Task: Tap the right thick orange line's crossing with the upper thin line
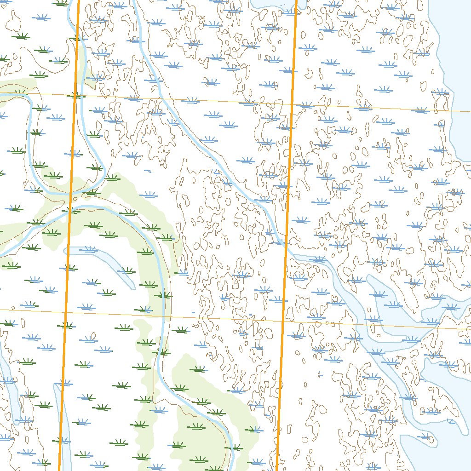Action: click(292, 104)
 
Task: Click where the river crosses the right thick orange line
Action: click(285, 244)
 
